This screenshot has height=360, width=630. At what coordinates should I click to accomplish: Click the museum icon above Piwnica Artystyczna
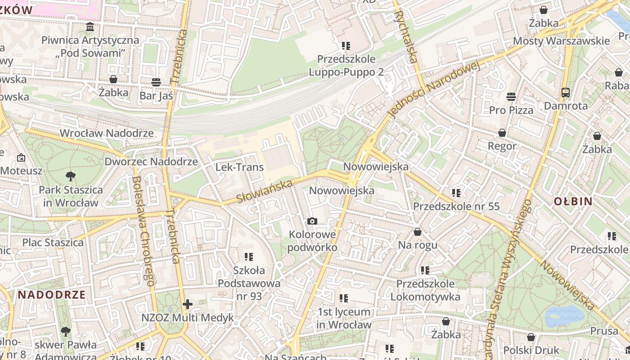[90, 27]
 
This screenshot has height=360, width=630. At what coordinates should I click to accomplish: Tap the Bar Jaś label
[156, 95]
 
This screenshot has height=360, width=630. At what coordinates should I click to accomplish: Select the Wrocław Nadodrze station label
[107, 133]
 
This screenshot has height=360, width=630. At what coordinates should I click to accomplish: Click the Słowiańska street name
[264, 191]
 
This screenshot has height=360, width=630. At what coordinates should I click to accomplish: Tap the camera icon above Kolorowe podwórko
[312, 221]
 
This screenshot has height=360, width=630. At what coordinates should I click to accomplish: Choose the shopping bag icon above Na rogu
[418, 232]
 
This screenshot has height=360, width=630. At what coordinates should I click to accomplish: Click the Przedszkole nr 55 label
[456, 207]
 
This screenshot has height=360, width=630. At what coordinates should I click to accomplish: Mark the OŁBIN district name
[573, 201]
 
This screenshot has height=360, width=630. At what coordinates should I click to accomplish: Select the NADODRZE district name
[52, 295]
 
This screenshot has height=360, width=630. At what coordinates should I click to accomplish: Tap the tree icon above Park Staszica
[70, 176]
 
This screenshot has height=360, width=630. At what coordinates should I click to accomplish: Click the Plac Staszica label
[53, 243]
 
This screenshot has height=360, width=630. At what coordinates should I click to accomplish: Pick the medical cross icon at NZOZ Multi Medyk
[188, 304]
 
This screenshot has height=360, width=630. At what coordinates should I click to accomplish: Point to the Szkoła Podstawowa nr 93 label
[249, 283]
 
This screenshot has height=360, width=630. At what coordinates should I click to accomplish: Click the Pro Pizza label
[511, 110]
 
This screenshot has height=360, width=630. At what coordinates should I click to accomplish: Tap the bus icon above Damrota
[566, 93]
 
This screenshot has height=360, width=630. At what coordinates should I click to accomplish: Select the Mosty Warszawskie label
[561, 41]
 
